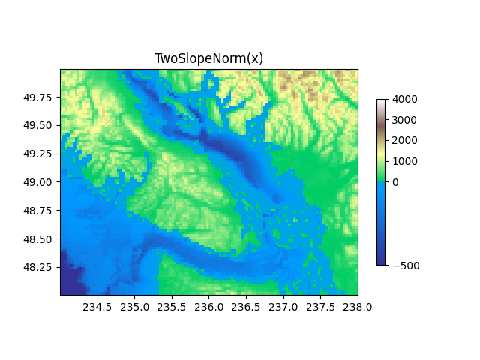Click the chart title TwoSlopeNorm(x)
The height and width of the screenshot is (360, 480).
208,58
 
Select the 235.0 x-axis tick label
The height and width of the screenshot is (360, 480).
134,306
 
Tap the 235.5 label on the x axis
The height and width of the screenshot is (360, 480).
172,306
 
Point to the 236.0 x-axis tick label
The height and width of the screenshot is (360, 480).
208,306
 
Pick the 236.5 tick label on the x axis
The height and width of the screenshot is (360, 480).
246,306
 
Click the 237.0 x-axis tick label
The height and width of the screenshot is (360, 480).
283,306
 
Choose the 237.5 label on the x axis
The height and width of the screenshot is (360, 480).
320,306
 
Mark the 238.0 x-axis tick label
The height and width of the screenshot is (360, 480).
357,306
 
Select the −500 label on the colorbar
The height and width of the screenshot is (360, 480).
404,265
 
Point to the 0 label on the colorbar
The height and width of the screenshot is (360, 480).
395,182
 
